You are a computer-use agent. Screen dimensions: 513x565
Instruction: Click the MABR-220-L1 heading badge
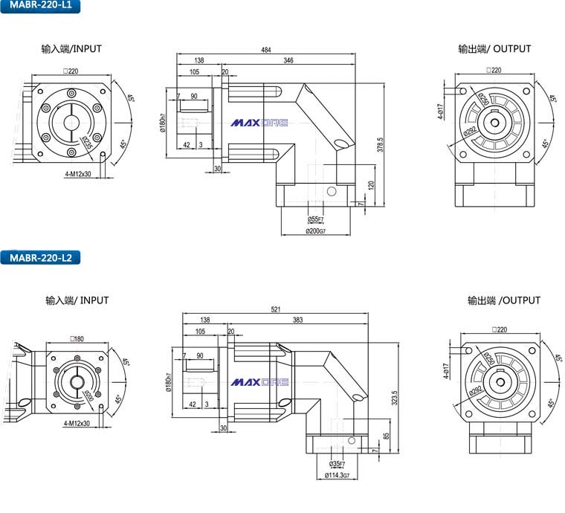(x=41, y=7)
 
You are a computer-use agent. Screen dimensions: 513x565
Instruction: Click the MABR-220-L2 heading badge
(x=41, y=258)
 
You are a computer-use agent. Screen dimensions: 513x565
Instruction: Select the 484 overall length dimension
(x=266, y=50)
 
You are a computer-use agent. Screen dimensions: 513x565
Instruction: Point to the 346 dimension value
(x=288, y=60)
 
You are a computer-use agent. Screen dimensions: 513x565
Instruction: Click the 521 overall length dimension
(x=275, y=309)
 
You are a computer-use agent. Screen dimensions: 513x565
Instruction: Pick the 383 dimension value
(x=297, y=320)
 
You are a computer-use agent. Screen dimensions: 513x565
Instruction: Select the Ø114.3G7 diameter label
(x=339, y=476)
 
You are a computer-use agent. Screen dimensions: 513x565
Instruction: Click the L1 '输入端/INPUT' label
(x=71, y=49)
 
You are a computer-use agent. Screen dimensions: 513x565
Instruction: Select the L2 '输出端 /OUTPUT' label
(x=504, y=300)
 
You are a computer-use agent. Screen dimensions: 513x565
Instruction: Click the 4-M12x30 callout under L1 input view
(x=77, y=174)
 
